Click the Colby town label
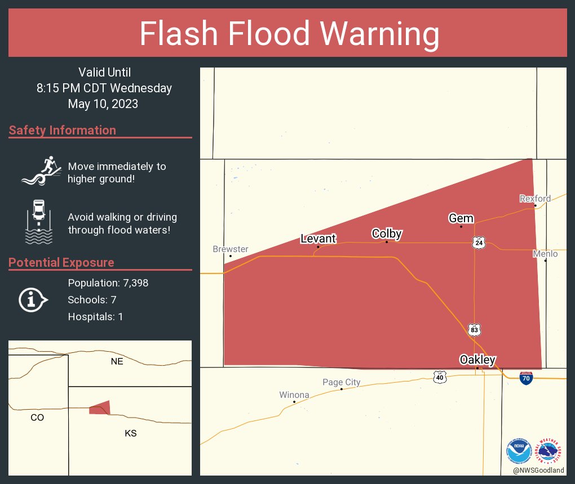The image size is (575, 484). (387, 234)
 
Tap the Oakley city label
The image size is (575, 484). (477, 360)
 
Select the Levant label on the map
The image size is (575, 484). (319, 239)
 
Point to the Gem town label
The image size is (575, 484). (461, 218)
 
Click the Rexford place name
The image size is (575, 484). (535, 199)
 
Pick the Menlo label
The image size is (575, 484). (545, 254)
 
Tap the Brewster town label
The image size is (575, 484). (231, 249)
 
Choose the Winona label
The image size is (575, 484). (294, 395)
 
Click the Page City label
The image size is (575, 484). (342, 383)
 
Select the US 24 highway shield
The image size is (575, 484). (479, 243)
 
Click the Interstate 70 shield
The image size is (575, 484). (526, 378)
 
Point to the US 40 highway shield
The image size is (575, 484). (440, 377)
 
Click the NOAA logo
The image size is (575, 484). (519, 452)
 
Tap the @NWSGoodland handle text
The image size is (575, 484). (538, 470)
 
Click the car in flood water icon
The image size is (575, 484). (39, 222)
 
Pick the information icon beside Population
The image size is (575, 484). (33, 300)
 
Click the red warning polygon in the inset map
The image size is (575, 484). (100, 408)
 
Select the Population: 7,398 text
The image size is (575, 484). (108, 283)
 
